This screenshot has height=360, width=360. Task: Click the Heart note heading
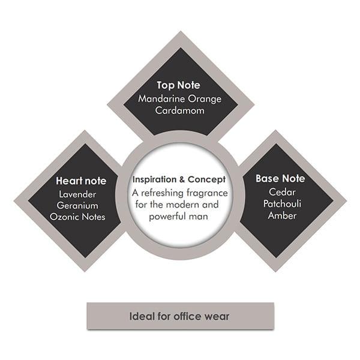(81, 181)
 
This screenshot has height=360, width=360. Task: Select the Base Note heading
(280, 179)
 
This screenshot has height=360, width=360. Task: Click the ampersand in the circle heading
(184, 181)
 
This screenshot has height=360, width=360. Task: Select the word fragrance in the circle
(205, 193)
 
